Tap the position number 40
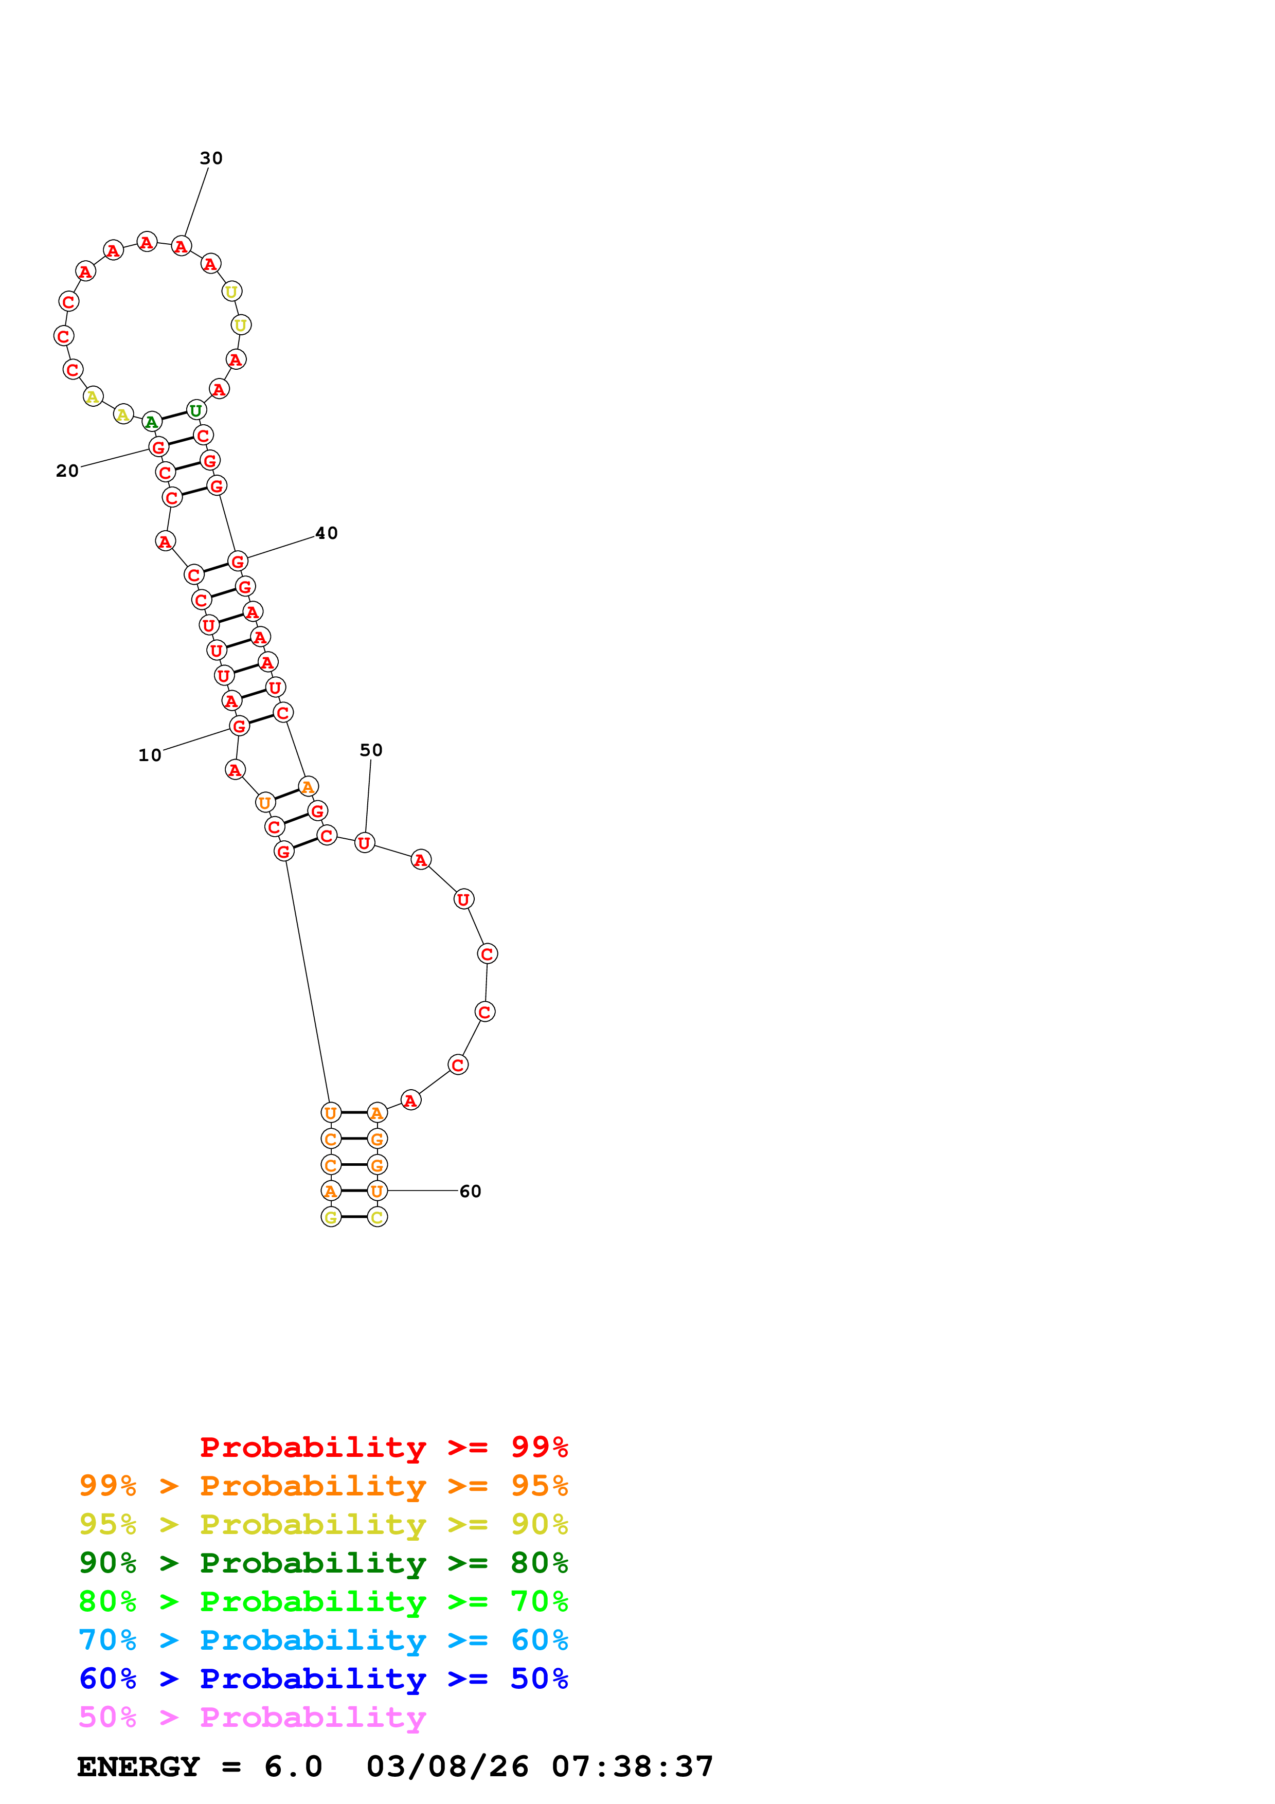click(x=326, y=533)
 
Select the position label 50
click(x=371, y=750)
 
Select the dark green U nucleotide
click(x=195, y=411)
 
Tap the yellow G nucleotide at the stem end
click(x=331, y=1218)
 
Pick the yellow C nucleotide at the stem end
click(x=377, y=1218)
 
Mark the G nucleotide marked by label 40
click(x=237, y=562)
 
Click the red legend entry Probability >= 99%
click(x=383, y=1447)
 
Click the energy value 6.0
click(x=293, y=1767)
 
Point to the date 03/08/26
click(x=447, y=1767)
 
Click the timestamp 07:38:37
click(x=633, y=1767)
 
